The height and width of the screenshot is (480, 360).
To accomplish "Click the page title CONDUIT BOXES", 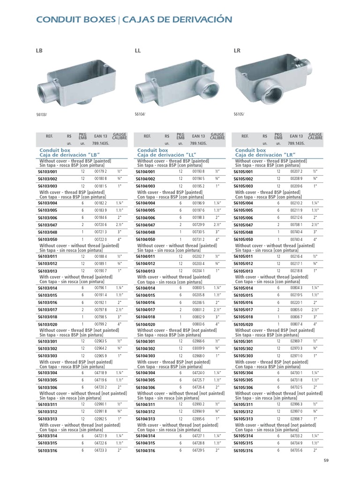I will [75, 20].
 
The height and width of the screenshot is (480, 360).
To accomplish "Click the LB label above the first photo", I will [39, 50].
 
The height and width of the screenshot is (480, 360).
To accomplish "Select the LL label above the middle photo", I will [137, 50].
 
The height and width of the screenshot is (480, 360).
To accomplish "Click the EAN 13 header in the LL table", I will [199, 136].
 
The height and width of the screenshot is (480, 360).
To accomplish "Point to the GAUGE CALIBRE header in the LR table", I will [315, 136].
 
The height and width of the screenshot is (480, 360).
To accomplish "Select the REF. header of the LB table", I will [50, 136].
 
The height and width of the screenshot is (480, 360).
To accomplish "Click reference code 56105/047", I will [243, 225].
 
